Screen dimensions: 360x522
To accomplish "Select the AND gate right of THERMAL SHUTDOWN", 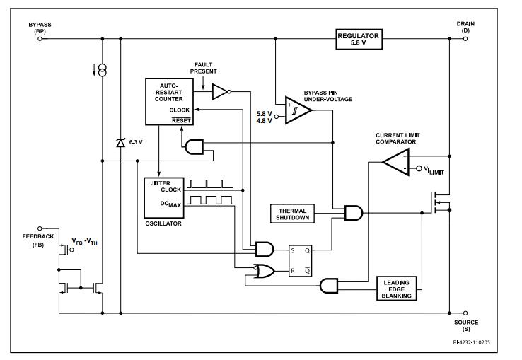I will pyautogui.click(x=352, y=212).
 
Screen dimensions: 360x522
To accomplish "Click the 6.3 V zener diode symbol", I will pyautogui.click(x=120, y=142).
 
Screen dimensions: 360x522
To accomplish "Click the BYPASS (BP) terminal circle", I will pyautogui.click(x=40, y=38).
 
